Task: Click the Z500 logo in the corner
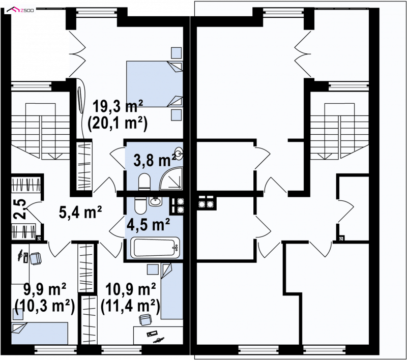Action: [x=20, y=10]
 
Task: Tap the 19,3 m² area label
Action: [x=118, y=106]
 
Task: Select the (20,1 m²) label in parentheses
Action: [x=118, y=123]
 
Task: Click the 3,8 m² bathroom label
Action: [x=155, y=160]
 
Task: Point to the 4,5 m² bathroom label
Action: [x=148, y=224]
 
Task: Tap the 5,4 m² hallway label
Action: [x=80, y=213]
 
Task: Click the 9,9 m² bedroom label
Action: [x=45, y=289]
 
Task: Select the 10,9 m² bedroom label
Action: [x=131, y=289]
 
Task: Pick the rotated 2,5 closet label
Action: [x=19, y=209]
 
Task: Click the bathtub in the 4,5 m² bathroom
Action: [x=155, y=248]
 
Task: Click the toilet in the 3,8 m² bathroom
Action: [x=144, y=182]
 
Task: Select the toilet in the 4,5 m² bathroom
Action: [x=141, y=205]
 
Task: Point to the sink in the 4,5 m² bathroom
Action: [x=156, y=201]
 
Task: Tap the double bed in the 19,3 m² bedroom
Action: [x=155, y=84]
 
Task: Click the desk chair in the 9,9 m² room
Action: [x=36, y=259]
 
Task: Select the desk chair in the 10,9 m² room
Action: [x=145, y=319]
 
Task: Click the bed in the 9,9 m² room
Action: [x=40, y=333]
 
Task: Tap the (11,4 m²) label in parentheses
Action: [x=130, y=306]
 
